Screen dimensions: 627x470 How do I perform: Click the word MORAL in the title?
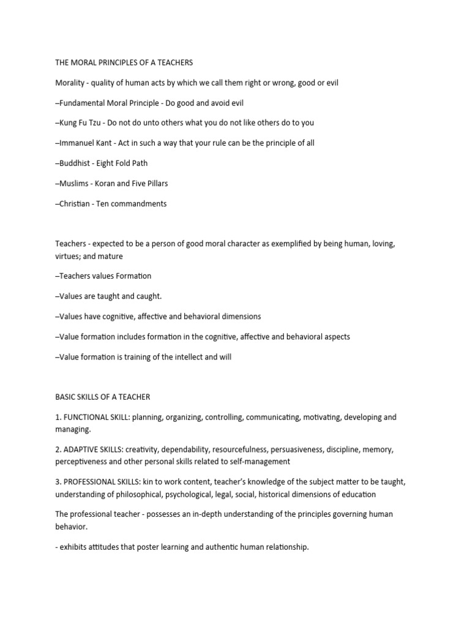(x=84, y=62)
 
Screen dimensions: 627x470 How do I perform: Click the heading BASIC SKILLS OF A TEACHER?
(x=102, y=397)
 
